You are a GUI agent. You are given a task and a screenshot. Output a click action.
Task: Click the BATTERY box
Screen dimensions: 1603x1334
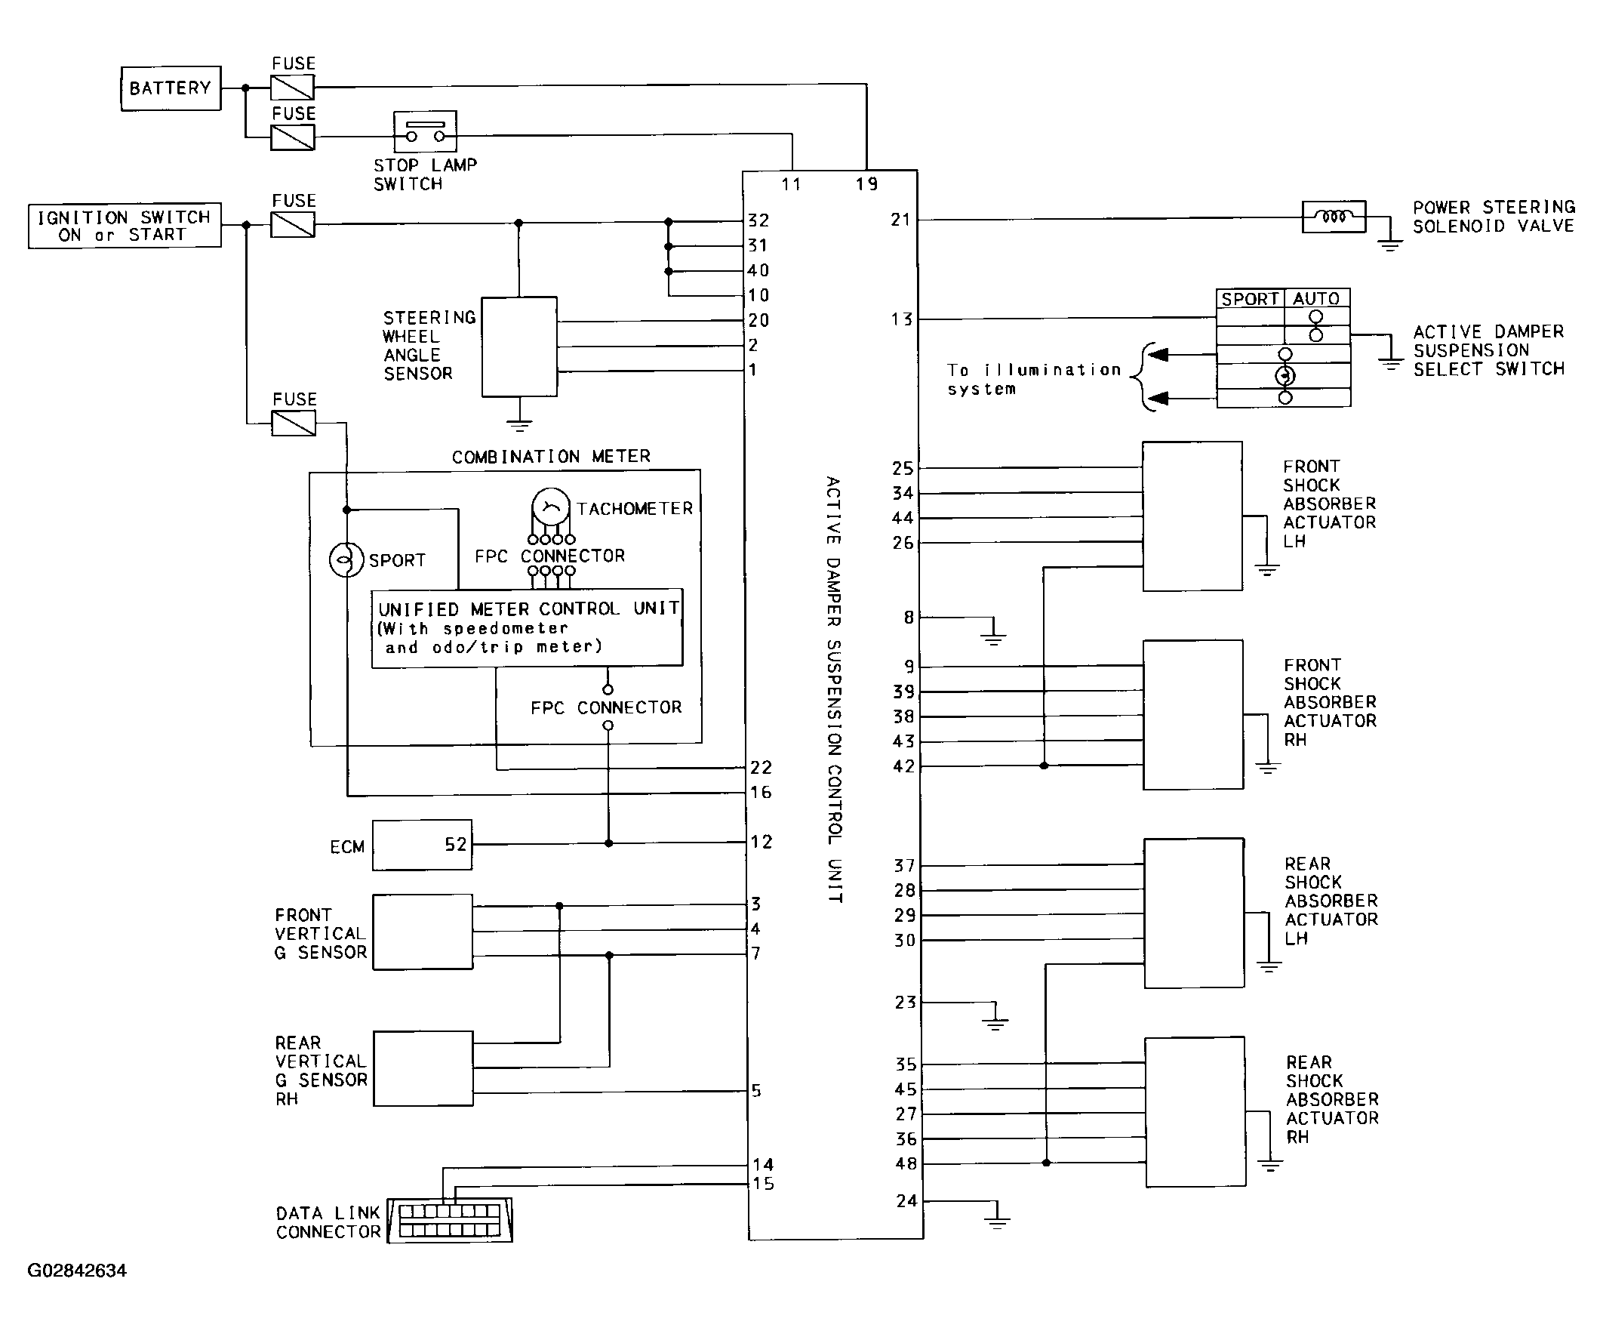click(171, 88)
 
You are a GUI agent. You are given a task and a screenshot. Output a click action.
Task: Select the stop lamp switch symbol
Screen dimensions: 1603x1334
click(425, 132)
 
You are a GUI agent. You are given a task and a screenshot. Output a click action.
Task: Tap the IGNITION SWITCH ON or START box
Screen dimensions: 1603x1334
click(125, 225)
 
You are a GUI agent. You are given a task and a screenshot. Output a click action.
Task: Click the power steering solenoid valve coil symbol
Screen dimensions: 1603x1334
click(1334, 217)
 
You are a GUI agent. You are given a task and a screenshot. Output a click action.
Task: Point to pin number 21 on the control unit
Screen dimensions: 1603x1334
click(900, 220)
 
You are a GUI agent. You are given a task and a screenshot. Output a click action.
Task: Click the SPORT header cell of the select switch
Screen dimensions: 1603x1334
click(1250, 298)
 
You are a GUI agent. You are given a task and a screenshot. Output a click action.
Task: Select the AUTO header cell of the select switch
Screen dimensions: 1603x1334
click(1317, 298)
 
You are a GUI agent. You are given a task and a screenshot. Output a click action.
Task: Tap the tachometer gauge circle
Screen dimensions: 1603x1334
click(550, 507)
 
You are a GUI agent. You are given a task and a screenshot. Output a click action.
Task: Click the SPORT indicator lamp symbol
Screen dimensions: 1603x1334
click(346, 559)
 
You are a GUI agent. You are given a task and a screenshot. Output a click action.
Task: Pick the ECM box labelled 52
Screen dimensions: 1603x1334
click(422, 846)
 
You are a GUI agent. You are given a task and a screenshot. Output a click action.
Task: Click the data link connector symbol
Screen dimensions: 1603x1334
click(450, 1220)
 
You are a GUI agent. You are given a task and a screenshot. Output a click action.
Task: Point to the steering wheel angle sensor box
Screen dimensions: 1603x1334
click(519, 347)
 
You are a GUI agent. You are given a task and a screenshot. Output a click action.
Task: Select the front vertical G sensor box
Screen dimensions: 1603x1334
click(422, 932)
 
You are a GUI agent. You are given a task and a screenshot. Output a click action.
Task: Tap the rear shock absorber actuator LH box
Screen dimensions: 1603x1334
click(1194, 913)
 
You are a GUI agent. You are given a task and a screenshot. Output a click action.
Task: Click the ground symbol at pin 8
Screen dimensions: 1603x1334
click(992, 632)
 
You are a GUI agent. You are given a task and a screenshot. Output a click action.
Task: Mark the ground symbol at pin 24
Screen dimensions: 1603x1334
click(996, 1215)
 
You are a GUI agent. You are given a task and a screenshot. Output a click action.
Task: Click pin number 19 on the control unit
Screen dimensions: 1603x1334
click(866, 184)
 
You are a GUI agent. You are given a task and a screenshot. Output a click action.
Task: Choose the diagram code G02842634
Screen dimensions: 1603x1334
click(77, 1271)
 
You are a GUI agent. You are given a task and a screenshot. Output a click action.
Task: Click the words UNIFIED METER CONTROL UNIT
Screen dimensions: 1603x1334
click(528, 608)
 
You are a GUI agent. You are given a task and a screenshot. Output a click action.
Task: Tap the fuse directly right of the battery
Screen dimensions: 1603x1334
click(292, 88)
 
